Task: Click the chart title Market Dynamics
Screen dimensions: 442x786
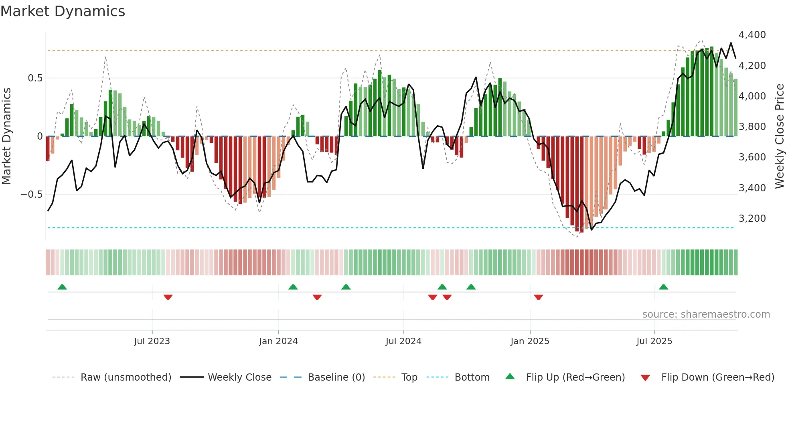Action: [x=63, y=11]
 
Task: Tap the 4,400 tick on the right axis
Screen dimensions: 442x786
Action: [x=752, y=35]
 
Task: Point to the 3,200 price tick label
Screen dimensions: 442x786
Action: [x=752, y=219]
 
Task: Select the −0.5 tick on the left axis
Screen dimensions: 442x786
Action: [x=31, y=195]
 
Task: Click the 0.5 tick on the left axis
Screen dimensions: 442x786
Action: [x=35, y=78]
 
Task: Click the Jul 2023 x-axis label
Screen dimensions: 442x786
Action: [x=152, y=341]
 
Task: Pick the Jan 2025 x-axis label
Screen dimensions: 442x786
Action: [x=530, y=341]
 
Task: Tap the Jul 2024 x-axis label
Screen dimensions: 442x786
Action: [x=403, y=341]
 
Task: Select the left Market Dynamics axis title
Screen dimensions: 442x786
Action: [x=6, y=136]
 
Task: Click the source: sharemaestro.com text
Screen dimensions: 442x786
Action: [x=706, y=314]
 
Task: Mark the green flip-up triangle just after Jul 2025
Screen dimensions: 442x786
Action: [x=663, y=287]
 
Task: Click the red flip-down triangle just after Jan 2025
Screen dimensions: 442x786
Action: [x=538, y=297]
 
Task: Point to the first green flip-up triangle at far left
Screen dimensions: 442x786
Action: [x=62, y=287]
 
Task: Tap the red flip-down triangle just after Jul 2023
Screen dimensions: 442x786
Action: [x=168, y=297]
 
